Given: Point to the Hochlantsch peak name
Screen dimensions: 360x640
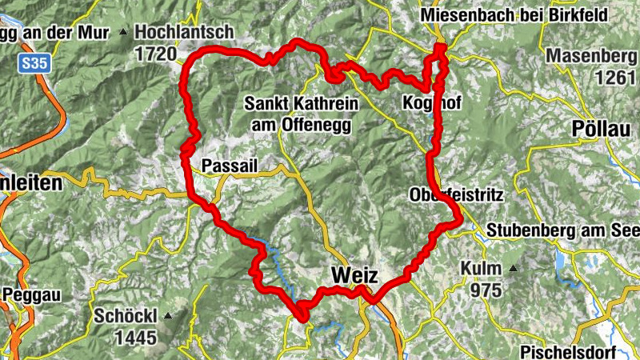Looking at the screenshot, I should pyautogui.click(x=184, y=32).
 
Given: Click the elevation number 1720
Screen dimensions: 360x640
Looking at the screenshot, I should pyautogui.click(x=155, y=54).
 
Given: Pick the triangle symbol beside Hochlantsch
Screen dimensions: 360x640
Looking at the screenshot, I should pyautogui.click(x=123, y=33).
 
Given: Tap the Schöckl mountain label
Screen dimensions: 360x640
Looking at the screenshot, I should pyautogui.click(x=126, y=315).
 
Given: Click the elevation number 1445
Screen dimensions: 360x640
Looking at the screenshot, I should pyautogui.click(x=135, y=338).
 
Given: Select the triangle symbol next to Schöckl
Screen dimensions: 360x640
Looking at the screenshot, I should pyautogui.click(x=167, y=316).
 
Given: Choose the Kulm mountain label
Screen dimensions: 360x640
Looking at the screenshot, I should pyautogui.click(x=481, y=268).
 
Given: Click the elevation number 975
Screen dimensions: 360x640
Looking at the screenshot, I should pyautogui.click(x=486, y=290).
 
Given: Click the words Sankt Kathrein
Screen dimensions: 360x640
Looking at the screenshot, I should pyautogui.click(x=300, y=104).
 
